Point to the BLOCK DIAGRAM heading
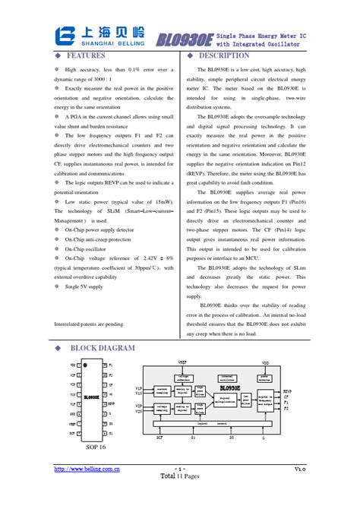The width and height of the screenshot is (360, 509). [103, 349]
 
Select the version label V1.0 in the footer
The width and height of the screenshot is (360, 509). [300, 469]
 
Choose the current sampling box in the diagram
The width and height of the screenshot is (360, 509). [162, 391]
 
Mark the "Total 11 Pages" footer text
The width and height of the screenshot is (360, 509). [180, 476]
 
